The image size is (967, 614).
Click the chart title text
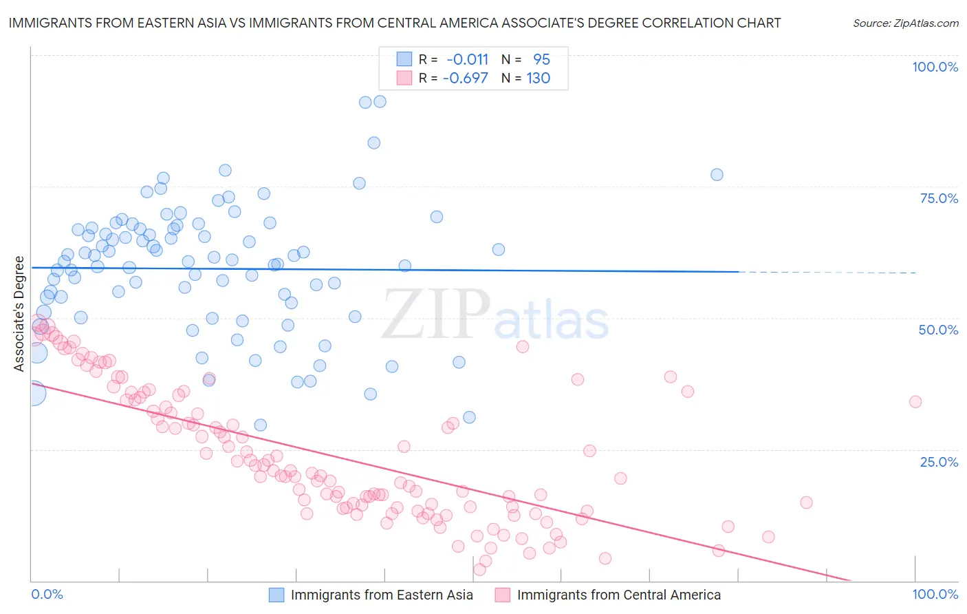pos(394,23)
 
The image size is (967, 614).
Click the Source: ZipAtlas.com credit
pos(905,23)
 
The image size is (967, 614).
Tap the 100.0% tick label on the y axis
pos(935,67)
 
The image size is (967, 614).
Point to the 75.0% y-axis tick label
pos(939,198)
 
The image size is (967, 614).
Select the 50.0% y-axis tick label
pos(938,330)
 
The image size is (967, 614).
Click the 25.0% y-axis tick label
pos(939,461)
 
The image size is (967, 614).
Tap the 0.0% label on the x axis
pos(47,594)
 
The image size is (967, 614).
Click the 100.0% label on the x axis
pos(935,594)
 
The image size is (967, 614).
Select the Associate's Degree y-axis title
pos(19,314)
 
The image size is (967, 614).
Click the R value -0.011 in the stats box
pos(467,59)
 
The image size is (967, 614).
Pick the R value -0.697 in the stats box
pos(465,78)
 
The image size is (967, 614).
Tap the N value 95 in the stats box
pos(541,59)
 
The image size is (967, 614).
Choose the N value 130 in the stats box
pos(538,78)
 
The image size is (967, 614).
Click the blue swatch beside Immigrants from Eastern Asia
pos(276,595)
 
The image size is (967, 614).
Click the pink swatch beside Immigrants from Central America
pos(503,595)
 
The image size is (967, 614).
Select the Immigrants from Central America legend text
pos(618,595)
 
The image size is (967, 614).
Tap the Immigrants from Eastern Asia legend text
pos(382,595)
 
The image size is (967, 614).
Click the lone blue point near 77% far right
pos(717,175)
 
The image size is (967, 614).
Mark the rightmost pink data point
pos(915,402)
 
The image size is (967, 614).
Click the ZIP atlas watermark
pos(495,315)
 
